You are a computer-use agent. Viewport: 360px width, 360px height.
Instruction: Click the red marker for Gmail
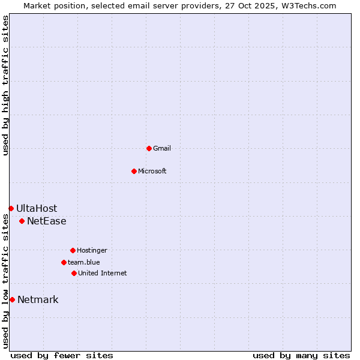point(149,148)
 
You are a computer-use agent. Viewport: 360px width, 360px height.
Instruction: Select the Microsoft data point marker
point(134,171)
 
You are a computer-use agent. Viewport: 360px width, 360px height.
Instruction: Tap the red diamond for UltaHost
point(11,208)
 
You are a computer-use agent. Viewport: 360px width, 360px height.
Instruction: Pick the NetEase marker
point(22,221)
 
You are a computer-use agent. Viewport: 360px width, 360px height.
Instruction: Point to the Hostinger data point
point(73,250)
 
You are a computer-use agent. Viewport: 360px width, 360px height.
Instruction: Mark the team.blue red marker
point(64,262)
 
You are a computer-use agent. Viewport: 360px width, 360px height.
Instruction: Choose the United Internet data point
point(74,273)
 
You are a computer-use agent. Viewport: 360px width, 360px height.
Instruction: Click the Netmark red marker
point(12,299)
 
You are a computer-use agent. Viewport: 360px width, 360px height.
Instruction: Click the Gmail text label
point(162,148)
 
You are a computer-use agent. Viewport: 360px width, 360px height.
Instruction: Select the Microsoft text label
point(152,171)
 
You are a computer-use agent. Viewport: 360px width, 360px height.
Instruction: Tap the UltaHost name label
point(37,208)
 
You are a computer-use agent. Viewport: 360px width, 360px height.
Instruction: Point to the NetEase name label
point(47,221)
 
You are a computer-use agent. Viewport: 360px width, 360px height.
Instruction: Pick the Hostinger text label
point(92,250)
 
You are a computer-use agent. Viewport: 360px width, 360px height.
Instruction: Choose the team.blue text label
point(84,262)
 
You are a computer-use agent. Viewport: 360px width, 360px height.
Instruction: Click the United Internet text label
point(103,273)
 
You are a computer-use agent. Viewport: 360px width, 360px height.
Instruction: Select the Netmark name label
point(38,299)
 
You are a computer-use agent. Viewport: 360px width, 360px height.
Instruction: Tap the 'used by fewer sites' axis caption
point(62,355)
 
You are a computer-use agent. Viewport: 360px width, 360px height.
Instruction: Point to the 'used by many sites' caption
point(301,355)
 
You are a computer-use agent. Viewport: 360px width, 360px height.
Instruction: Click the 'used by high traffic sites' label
point(5,85)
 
